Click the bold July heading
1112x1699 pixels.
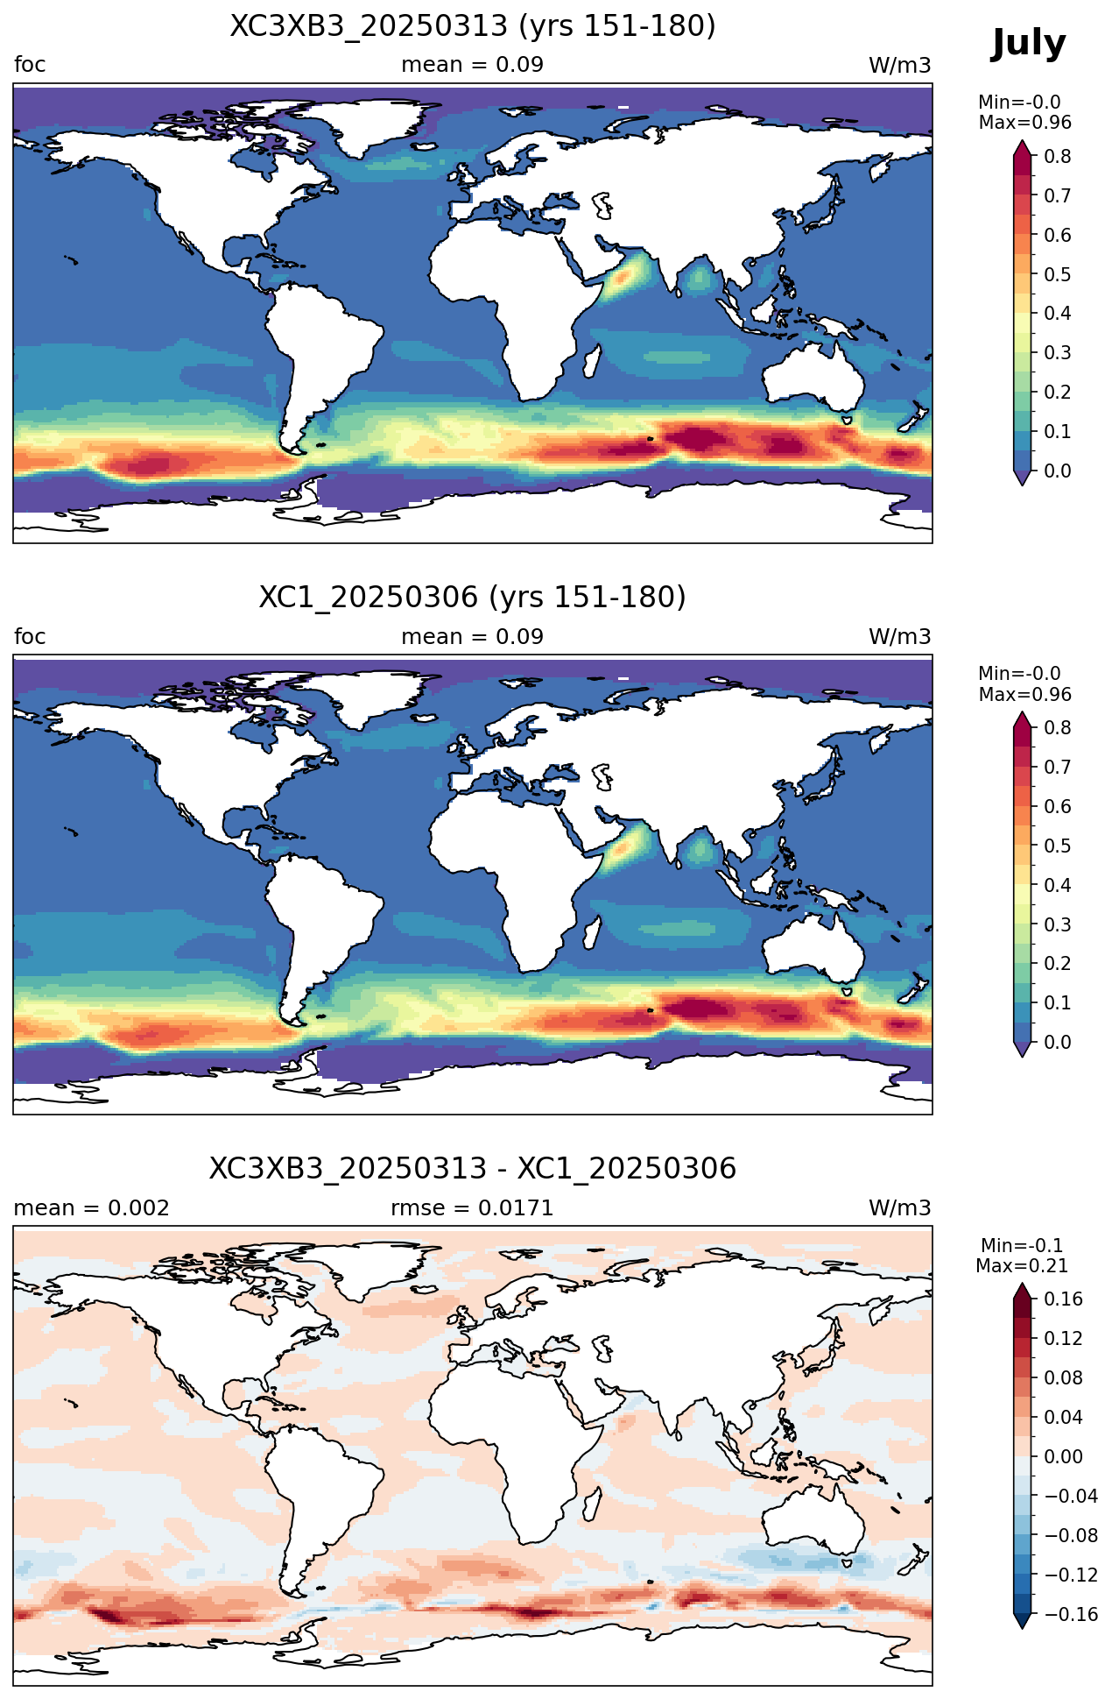(x=1029, y=44)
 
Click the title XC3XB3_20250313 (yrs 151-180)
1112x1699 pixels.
(x=473, y=26)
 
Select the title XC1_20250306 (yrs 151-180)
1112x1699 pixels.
(x=473, y=598)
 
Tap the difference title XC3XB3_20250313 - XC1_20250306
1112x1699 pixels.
(x=473, y=1169)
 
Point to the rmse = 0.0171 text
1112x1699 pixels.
(x=472, y=1208)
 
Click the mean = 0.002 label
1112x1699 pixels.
(x=92, y=1208)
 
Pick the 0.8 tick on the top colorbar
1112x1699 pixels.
(x=1058, y=156)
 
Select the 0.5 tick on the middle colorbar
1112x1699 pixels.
(x=1058, y=846)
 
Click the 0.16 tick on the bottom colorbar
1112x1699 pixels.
(x=1063, y=1299)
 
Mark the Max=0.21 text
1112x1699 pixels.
(x=1022, y=1266)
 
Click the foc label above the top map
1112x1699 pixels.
(x=30, y=65)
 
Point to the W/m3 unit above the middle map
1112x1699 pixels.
(x=899, y=637)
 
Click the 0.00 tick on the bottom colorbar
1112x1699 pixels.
(x=1063, y=1457)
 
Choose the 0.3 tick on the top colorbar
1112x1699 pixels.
(x=1058, y=352)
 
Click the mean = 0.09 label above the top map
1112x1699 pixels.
(x=472, y=65)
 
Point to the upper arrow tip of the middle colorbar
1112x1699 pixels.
(x=1021, y=711)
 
